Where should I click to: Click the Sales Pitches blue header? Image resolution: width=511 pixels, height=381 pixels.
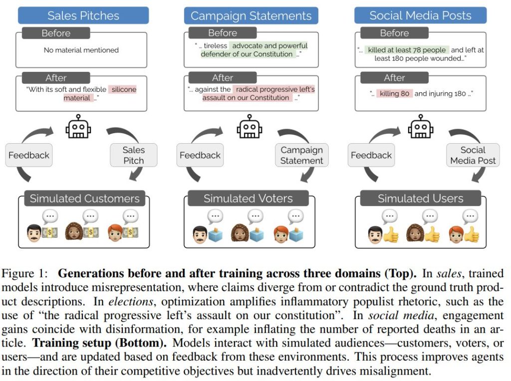click(83, 15)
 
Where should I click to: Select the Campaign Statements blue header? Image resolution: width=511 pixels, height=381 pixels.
click(251, 15)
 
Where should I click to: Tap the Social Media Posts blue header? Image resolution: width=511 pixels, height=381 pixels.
click(420, 15)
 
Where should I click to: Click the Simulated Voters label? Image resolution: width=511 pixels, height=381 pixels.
click(248, 198)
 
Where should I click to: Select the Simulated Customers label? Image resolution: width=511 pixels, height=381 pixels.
click(84, 198)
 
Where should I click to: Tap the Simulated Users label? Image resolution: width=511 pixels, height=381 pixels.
click(420, 198)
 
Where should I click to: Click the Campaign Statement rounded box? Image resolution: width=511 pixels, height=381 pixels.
click(301, 155)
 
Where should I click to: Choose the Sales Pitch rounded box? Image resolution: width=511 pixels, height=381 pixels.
click(133, 155)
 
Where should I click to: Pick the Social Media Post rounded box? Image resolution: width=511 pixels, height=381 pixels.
click(473, 155)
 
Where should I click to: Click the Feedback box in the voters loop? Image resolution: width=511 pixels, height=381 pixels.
click(200, 155)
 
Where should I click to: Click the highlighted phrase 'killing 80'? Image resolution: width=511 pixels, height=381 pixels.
click(394, 94)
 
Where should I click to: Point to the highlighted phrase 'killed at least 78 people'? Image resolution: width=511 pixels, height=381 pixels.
click(407, 50)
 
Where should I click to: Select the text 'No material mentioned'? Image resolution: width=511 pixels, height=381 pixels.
click(81, 50)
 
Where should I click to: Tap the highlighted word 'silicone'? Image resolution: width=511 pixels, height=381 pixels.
click(124, 90)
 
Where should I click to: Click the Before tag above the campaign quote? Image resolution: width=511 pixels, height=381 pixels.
click(222, 33)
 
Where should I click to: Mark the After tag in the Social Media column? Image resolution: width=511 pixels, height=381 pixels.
click(394, 78)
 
